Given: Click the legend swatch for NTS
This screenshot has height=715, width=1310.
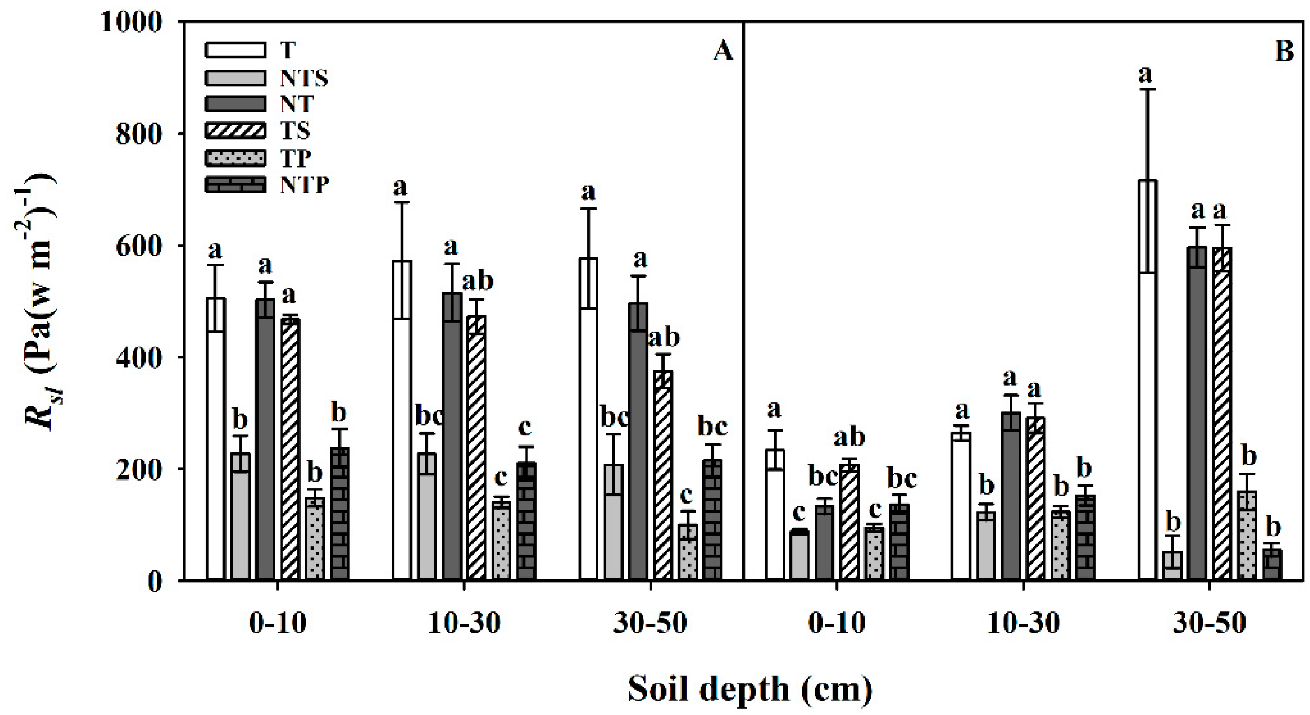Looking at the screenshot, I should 235,77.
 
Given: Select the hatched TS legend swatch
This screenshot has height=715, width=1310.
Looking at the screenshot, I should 235,131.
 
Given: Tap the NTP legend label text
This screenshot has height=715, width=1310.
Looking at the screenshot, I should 304,185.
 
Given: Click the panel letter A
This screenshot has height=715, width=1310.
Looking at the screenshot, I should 722,52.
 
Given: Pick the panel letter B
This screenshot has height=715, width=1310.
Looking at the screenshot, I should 1285,52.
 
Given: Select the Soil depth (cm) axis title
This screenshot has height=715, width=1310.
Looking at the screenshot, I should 750,690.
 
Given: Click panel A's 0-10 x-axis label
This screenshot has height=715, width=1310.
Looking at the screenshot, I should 278,623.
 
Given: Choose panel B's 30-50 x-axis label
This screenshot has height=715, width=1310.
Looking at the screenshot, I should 1209,623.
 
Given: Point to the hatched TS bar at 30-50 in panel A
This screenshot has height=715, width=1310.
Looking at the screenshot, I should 663,475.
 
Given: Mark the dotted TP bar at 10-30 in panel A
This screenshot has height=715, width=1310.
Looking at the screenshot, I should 502,541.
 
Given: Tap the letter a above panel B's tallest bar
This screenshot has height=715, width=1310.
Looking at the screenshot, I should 1145,75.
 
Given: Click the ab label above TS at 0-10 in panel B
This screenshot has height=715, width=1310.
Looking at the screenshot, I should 849,437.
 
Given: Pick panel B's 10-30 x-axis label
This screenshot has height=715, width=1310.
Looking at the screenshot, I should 1023,623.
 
